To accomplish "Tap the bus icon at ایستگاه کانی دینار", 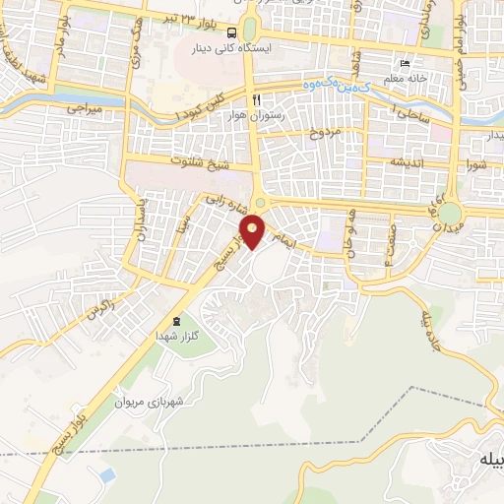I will [x=231, y=31].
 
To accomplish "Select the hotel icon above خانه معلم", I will [x=404, y=58].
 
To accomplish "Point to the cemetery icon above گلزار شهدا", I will [x=175, y=321].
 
